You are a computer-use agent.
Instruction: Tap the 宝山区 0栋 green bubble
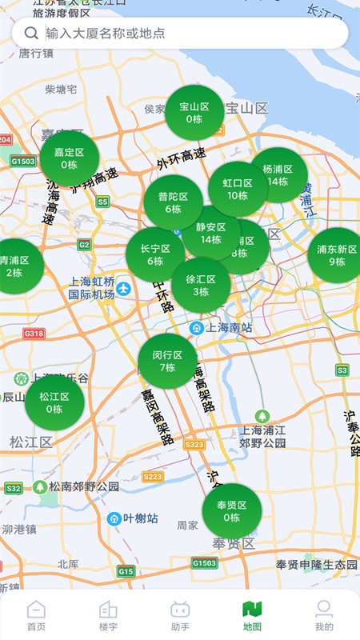point(194,113)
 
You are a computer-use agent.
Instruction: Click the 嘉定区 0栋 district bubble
point(70,158)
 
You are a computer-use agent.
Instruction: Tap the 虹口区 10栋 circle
point(238,189)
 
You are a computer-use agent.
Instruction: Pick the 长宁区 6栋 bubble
point(155,254)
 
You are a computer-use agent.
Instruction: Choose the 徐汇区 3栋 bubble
point(201,286)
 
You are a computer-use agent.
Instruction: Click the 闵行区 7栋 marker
point(167,362)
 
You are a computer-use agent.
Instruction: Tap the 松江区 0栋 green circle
point(54,402)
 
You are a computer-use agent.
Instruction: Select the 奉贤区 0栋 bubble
point(232,511)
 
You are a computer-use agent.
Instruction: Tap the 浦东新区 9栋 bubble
point(337,255)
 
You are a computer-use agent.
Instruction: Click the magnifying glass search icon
point(31,33)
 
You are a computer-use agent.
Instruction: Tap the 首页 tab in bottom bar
point(36,615)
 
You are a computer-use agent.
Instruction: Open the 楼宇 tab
point(108,615)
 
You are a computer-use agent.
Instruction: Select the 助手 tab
point(180,615)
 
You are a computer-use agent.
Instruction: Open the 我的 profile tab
point(324,615)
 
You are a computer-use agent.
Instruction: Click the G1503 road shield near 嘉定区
point(23,161)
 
